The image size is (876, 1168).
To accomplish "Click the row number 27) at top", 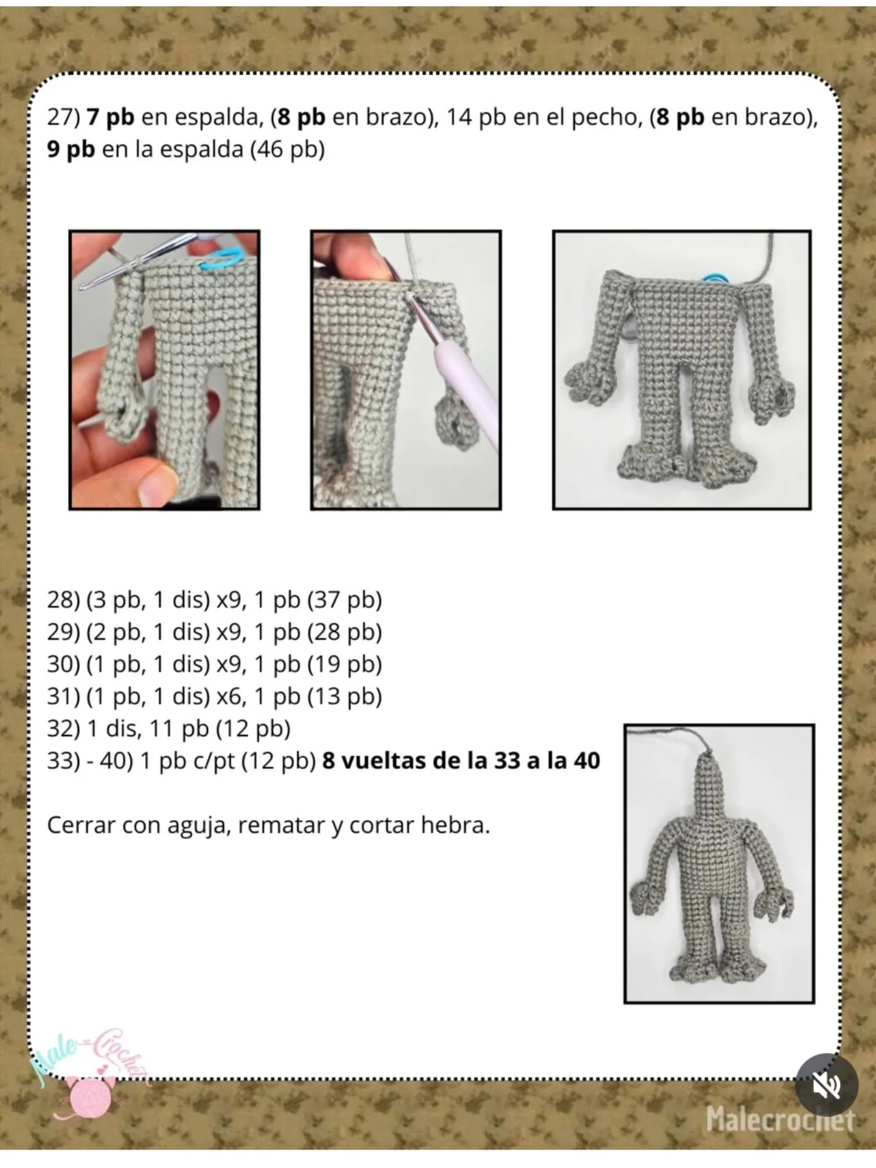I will tap(63, 117).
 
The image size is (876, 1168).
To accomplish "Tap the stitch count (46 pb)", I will tap(287, 149).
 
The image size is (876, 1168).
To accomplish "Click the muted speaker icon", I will tap(827, 1085).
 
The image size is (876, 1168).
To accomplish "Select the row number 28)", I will tap(63, 600).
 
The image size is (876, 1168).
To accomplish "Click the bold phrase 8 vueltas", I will tap(374, 760).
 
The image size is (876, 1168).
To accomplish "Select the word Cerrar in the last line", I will tap(81, 825).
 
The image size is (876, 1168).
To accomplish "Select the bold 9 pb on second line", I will tap(71, 149).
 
